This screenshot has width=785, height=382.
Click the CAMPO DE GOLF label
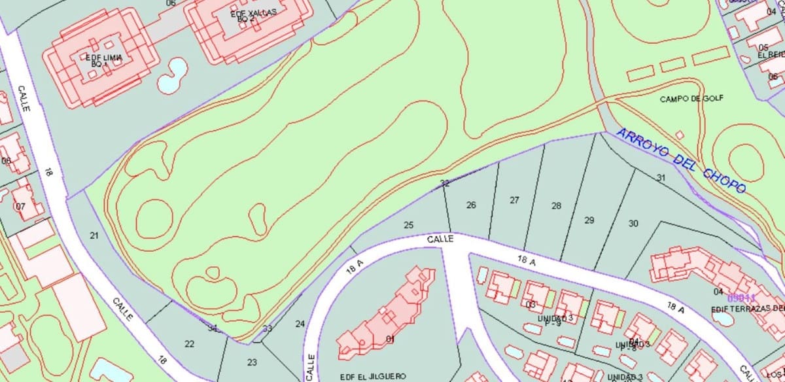tap(691, 99)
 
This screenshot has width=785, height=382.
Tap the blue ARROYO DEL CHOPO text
tap(681, 161)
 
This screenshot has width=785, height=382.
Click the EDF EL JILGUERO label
tap(373, 376)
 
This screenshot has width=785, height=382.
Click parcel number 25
tap(409, 226)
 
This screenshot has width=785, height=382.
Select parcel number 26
tap(471, 205)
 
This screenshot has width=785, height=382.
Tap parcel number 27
tap(514, 200)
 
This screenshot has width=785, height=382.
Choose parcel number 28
tap(556, 206)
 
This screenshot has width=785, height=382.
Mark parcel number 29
tap(589, 220)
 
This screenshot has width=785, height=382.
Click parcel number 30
tap(633, 224)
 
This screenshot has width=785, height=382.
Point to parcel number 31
tap(661, 178)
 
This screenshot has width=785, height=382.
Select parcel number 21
tap(94, 235)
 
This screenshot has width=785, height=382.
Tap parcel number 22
tap(190, 344)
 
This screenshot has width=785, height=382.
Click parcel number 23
tap(252, 362)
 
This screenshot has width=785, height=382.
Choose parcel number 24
tap(300, 324)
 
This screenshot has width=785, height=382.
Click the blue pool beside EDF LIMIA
tap(172, 75)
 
